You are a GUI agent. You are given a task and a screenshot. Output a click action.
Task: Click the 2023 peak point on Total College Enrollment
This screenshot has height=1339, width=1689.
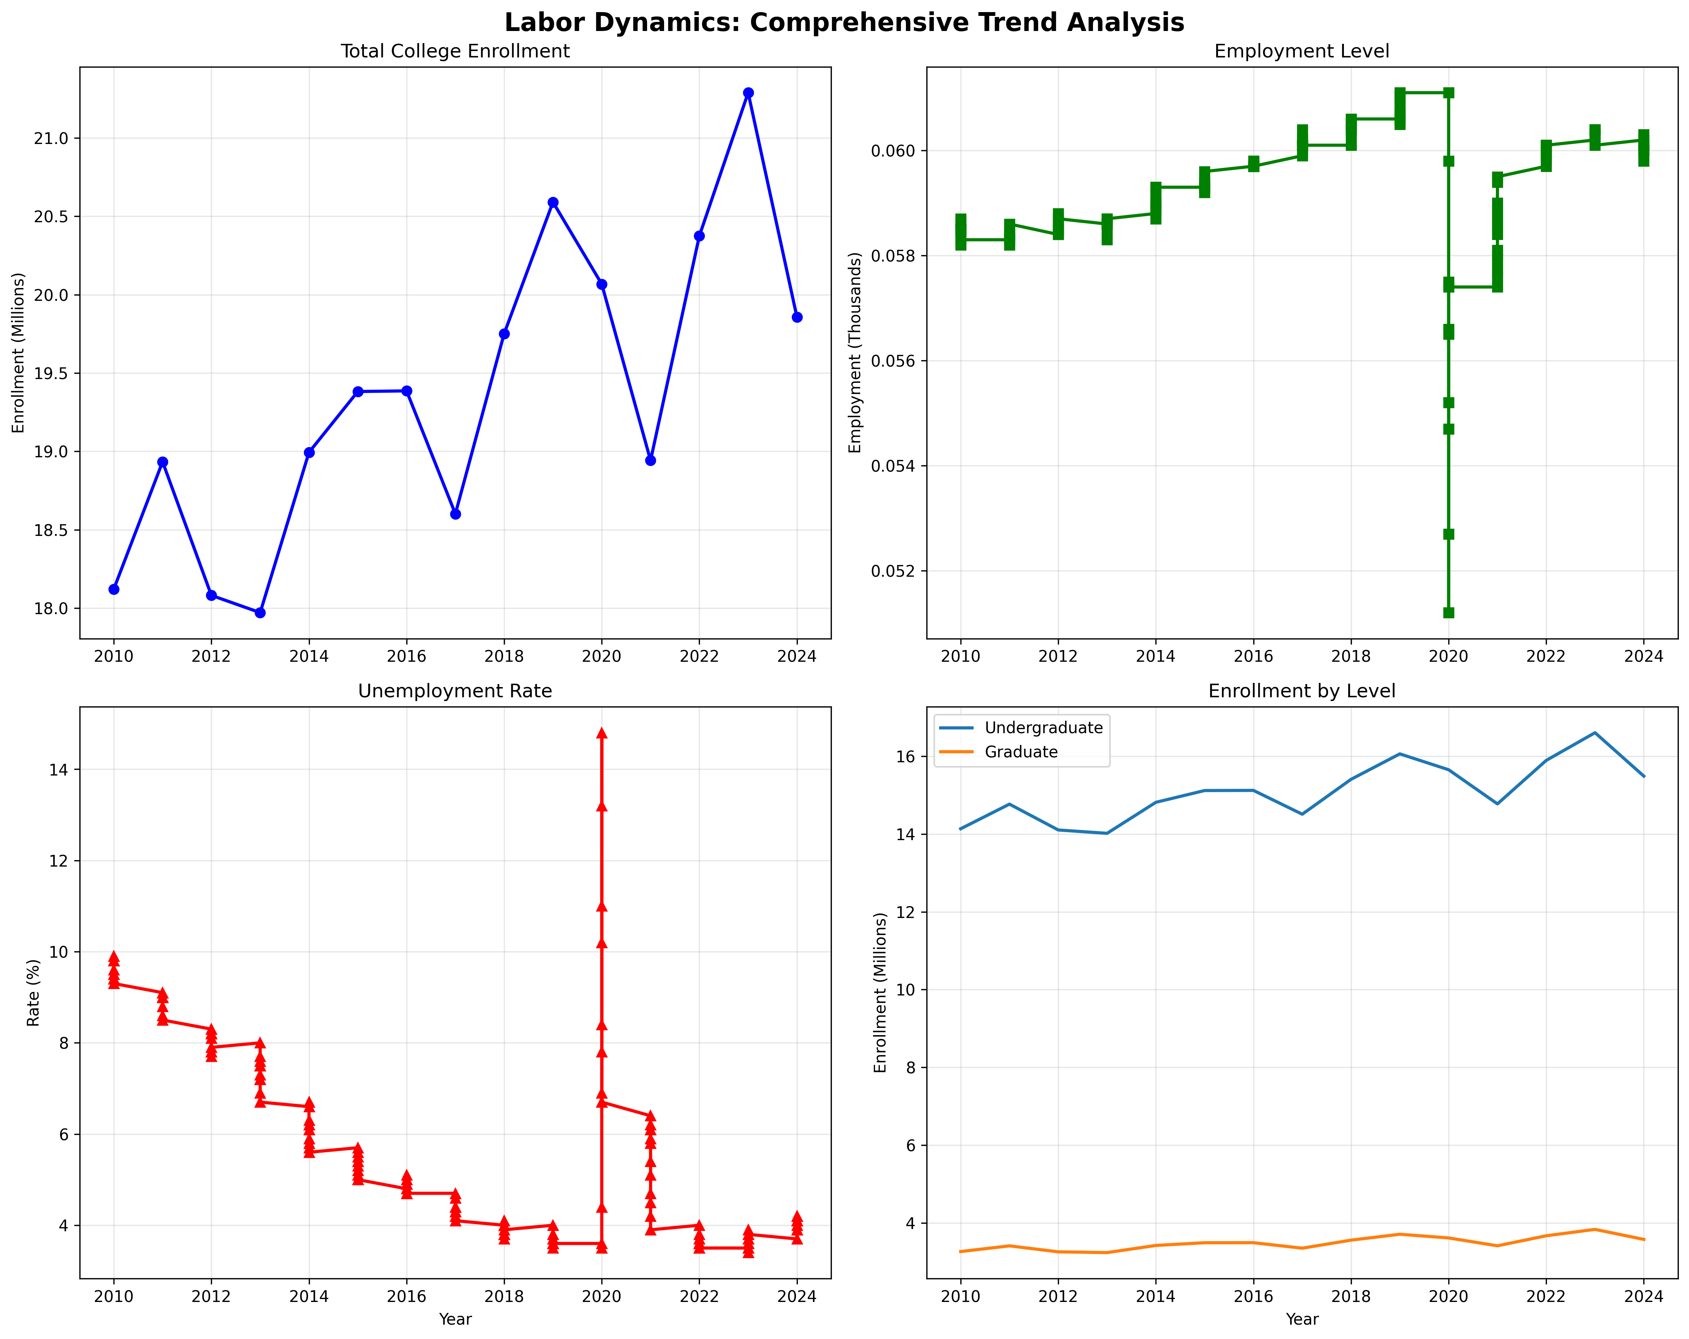[x=748, y=93]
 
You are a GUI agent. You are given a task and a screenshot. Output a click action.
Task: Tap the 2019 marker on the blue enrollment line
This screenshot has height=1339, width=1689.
[x=553, y=202]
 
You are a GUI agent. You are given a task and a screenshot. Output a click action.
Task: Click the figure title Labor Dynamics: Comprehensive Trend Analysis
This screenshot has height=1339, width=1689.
[x=844, y=22]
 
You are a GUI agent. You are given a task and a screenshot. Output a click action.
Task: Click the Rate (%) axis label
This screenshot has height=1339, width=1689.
[x=33, y=993]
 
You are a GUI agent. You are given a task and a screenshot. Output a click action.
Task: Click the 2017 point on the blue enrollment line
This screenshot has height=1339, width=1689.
[x=455, y=514]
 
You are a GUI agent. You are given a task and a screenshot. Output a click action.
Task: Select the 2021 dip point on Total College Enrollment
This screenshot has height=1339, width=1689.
[x=650, y=460]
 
